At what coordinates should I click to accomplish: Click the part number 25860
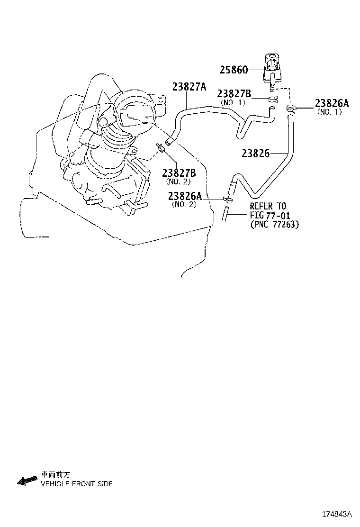(x=234, y=70)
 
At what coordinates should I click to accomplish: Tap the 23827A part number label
(x=189, y=87)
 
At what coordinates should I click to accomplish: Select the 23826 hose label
(x=255, y=153)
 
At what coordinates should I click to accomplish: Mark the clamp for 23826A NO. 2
(x=228, y=200)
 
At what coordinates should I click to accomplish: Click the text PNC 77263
(x=275, y=225)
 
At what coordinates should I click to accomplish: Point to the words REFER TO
(x=268, y=206)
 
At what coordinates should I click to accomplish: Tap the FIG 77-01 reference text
(x=270, y=215)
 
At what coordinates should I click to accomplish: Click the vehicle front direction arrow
(x=27, y=481)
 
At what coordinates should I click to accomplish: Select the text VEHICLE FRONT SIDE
(x=76, y=484)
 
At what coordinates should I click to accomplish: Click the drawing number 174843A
(x=338, y=514)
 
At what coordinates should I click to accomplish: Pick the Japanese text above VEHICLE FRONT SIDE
(x=55, y=474)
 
